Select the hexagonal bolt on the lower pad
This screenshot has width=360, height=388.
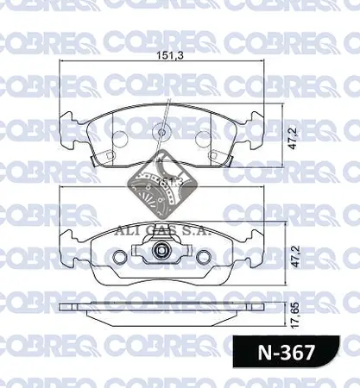pos(161,251)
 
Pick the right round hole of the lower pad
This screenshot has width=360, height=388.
pos(204,258)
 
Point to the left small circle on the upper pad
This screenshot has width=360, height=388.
pos(117,137)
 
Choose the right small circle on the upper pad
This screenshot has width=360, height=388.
pos(203,137)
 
